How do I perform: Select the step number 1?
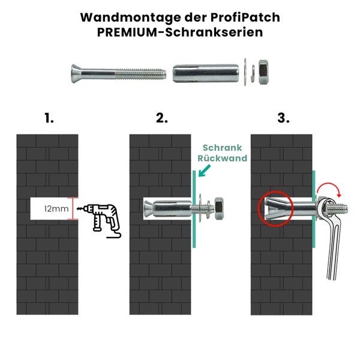[x=49, y=118]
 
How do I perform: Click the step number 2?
[x=162, y=118]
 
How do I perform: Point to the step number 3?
[x=283, y=118]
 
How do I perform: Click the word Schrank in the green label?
[x=222, y=148]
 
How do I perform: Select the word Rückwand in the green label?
[x=222, y=159]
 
